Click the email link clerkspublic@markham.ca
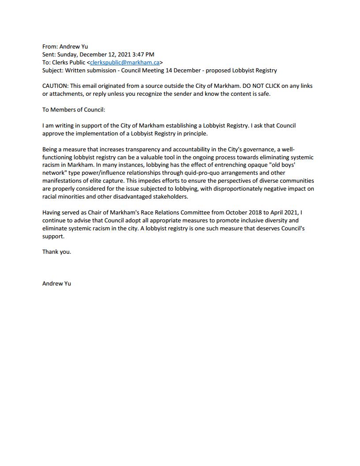click(124, 63)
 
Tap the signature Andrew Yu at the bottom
click(56, 283)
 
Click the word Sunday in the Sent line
click(67, 54)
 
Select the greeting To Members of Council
click(74, 110)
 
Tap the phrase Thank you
click(56, 252)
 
